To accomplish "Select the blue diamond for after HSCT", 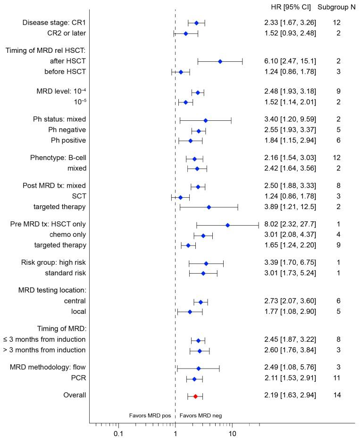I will (220, 61).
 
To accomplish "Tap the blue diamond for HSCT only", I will (227, 225).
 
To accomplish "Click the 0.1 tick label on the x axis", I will (118, 430).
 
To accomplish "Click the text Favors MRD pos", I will (150, 415).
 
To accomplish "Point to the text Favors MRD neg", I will (201, 415).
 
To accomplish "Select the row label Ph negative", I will (67, 130).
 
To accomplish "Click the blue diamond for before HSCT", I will (180, 72).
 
